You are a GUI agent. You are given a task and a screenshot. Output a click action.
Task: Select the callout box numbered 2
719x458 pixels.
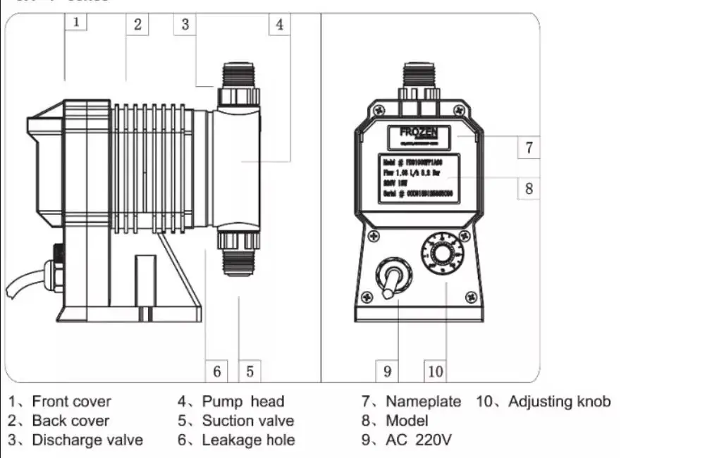137,24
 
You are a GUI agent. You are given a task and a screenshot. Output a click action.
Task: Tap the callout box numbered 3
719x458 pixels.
185,24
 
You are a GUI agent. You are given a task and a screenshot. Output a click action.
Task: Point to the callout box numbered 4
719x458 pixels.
280,24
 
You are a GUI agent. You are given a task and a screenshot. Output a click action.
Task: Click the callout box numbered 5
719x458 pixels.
250,371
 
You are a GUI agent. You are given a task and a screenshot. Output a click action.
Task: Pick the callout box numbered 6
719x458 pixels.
217,371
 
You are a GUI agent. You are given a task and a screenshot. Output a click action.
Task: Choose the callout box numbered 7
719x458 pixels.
529,148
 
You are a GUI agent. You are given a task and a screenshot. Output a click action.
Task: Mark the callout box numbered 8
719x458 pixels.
529,188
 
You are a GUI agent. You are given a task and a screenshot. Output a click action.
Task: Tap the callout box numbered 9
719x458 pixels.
387,371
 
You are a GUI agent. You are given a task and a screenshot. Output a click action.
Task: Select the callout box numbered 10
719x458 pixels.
436,371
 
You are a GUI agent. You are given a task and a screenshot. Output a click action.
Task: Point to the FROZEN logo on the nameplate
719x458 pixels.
419,132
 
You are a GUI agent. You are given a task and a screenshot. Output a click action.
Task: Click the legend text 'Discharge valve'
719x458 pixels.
87,440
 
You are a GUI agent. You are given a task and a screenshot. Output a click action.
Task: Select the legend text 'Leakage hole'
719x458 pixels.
248,440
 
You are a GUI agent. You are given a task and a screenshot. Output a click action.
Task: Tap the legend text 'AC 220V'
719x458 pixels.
418,440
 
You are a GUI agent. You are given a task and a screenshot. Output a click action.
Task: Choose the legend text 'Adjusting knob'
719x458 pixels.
559,402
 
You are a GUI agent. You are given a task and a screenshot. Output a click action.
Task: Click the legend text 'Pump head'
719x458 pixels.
242,402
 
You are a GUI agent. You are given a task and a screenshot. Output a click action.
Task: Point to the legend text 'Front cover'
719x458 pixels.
71,402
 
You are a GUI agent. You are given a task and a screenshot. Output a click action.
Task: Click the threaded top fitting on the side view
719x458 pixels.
238,75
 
